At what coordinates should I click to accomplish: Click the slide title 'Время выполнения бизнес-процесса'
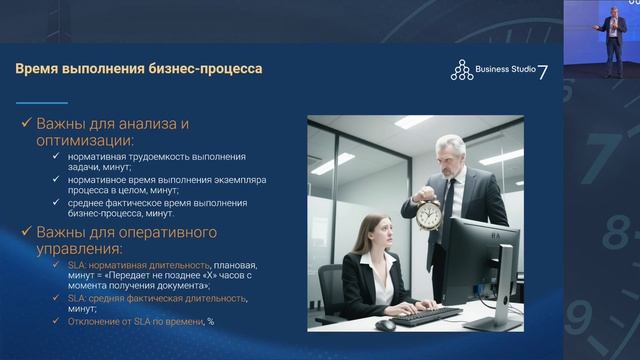point(138,69)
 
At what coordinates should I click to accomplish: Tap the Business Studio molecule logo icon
point(461,70)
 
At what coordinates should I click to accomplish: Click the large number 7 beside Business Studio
point(543,71)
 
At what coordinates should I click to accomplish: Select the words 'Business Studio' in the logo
point(506,70)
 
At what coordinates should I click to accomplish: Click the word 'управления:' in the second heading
point(80,249)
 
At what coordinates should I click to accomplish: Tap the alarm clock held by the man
point(429,213)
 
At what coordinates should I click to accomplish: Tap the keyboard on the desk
point(426,315)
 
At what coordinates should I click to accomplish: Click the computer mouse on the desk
point(385,324)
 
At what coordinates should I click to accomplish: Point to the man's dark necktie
point(449,200)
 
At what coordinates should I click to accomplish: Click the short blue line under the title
point(42,102)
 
